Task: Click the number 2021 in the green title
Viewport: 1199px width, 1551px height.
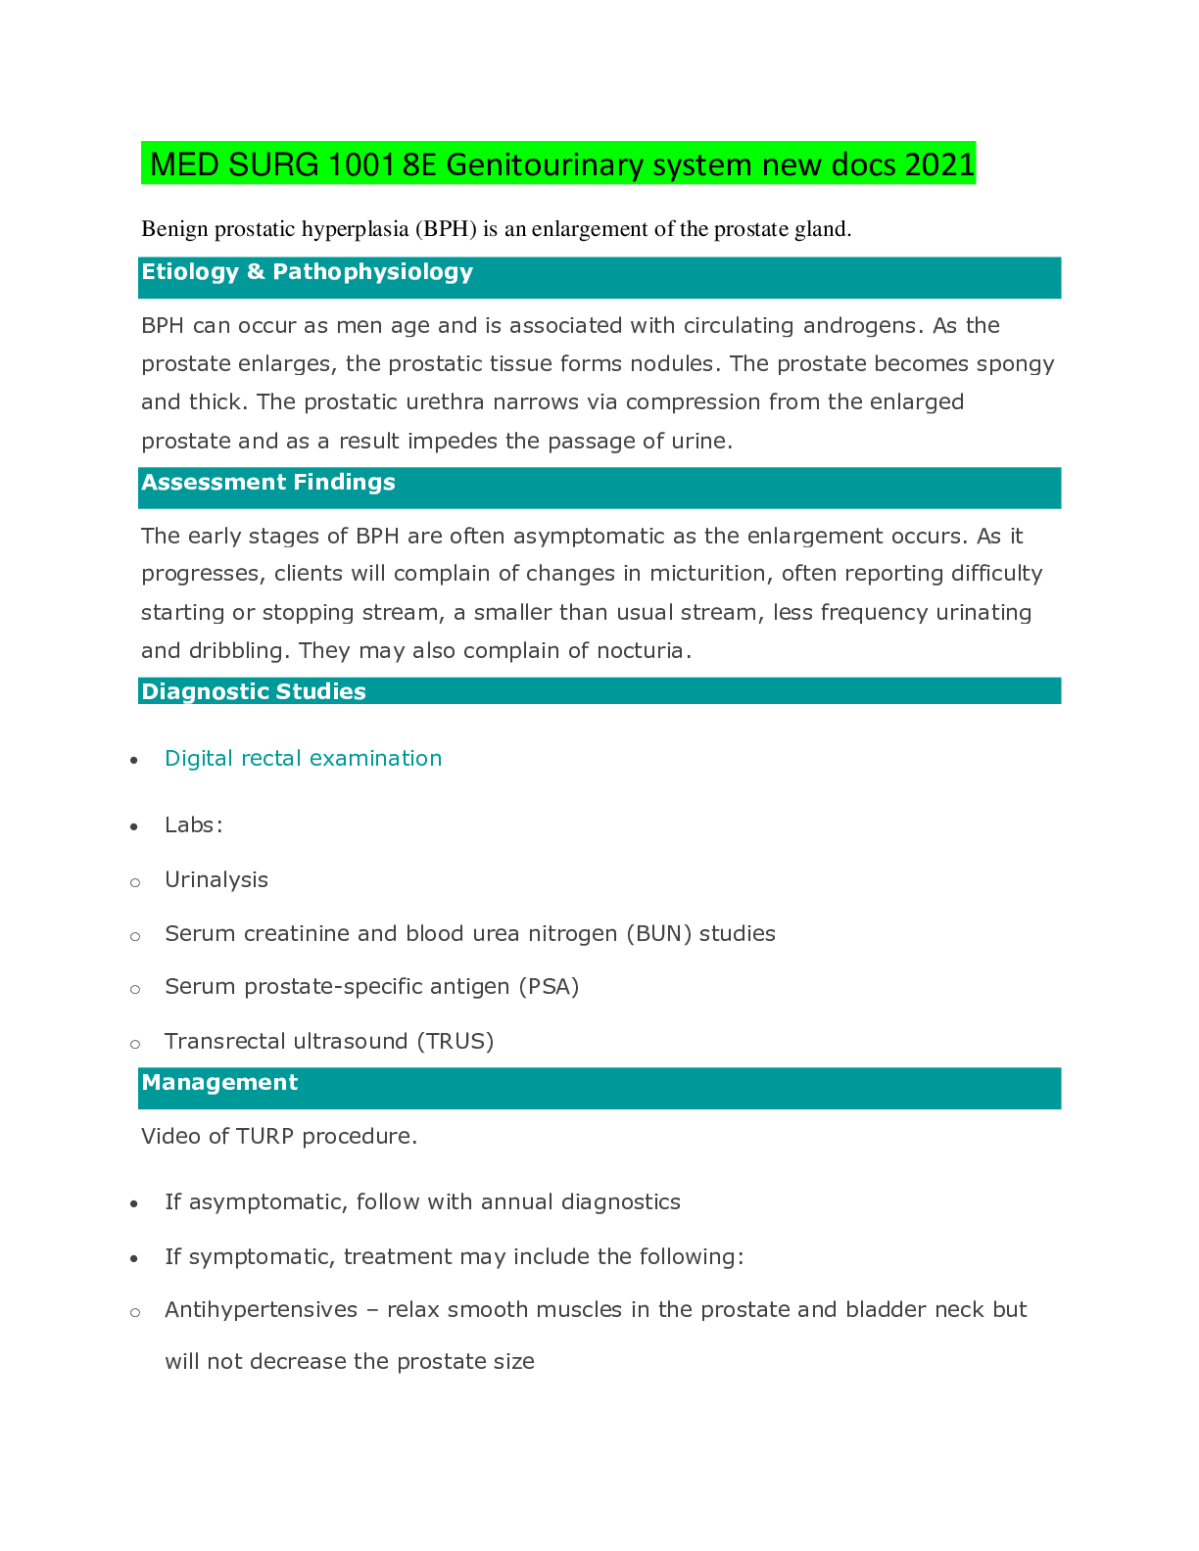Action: coord(939,164)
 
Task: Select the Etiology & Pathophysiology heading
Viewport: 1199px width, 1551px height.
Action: coord(307,272)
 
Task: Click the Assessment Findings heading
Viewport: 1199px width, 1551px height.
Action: coord(268,483)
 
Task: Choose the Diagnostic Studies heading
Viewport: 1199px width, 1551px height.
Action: coord(253,692)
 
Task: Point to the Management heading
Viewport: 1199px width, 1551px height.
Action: coord(219,1083)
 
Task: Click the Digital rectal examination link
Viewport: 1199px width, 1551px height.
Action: coord(303,759)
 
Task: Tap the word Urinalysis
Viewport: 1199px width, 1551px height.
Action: coord(216,880)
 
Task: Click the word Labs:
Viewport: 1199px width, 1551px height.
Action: coord(194,825)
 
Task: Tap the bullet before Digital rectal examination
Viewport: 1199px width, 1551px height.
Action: coord(134,761)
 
